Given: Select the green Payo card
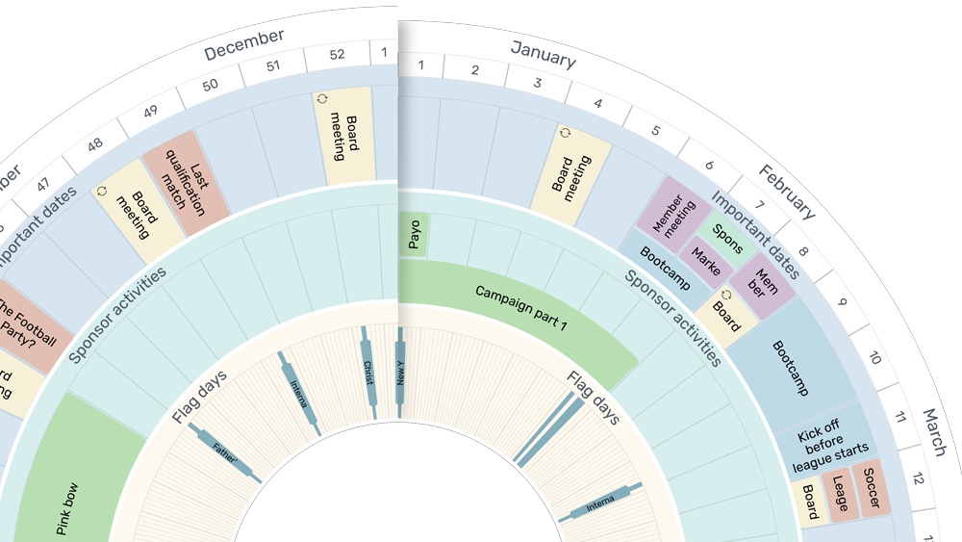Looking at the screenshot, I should click(414, 235).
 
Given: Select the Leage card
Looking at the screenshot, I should click(839, 495).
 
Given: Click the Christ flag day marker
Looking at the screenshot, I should click(368, 372).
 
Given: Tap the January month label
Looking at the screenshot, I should click(543, 54).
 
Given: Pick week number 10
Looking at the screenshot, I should click(874, 358).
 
